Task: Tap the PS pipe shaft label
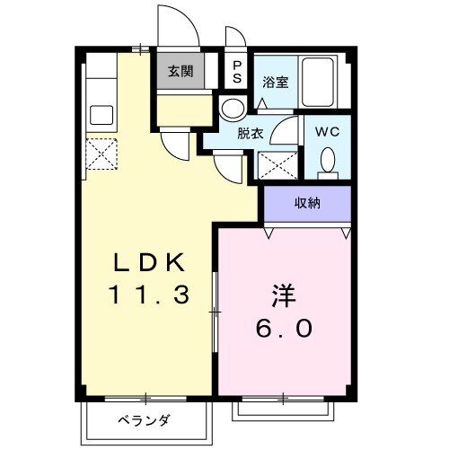tap(237, 71)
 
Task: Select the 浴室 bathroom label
tap(274, 83)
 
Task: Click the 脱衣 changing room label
tap(251, 133)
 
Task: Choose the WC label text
tap(327, 130)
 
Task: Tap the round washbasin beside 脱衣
tap(231, 109)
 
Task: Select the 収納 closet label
tap(308, 204)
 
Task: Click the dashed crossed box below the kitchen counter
tap(100, 153)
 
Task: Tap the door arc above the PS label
tap(234, 40)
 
